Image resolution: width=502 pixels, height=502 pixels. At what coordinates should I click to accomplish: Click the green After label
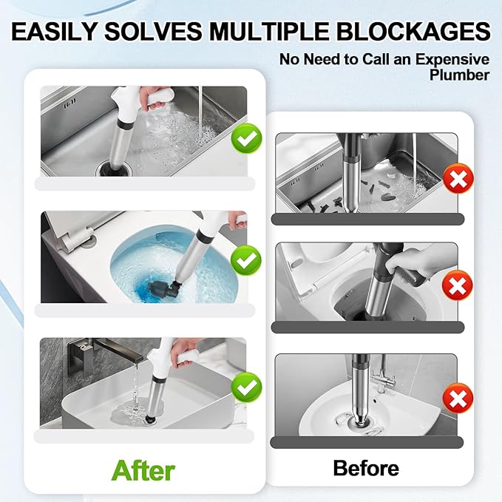(143, 469)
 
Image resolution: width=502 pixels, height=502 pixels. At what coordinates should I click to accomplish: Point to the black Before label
(366, 467)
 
